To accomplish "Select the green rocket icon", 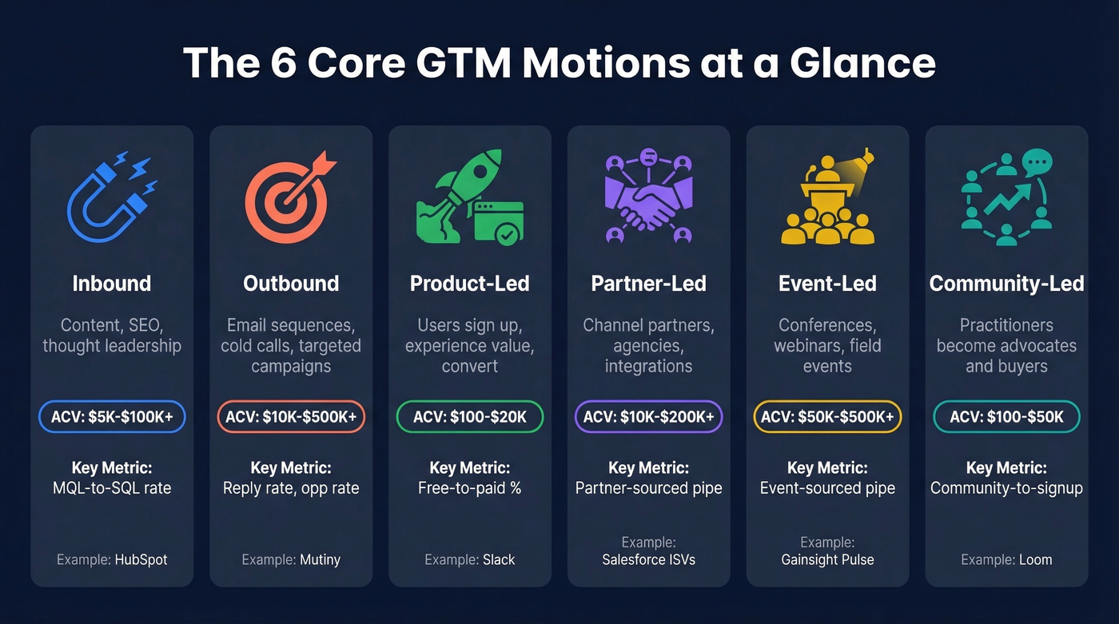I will pos(469,197).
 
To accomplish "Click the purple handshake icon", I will pos(648,198).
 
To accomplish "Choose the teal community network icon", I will pos(1006,197).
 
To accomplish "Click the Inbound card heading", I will pos(112,284).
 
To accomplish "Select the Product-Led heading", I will pos(470,284).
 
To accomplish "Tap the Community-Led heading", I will pos(1006,284).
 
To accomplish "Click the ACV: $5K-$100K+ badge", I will pos(112,417).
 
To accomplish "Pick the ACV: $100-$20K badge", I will pos(470,417).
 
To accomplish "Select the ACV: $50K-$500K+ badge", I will pos(827,417).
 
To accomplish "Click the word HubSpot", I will pos(141,559).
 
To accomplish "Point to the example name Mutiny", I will pos(320,559).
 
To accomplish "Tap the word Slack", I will pos(499,559).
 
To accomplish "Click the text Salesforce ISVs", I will pos(648,559).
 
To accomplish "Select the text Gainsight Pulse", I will pos(827,559).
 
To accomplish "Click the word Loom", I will pos(1035,559).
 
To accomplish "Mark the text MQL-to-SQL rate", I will pos(112,487).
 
